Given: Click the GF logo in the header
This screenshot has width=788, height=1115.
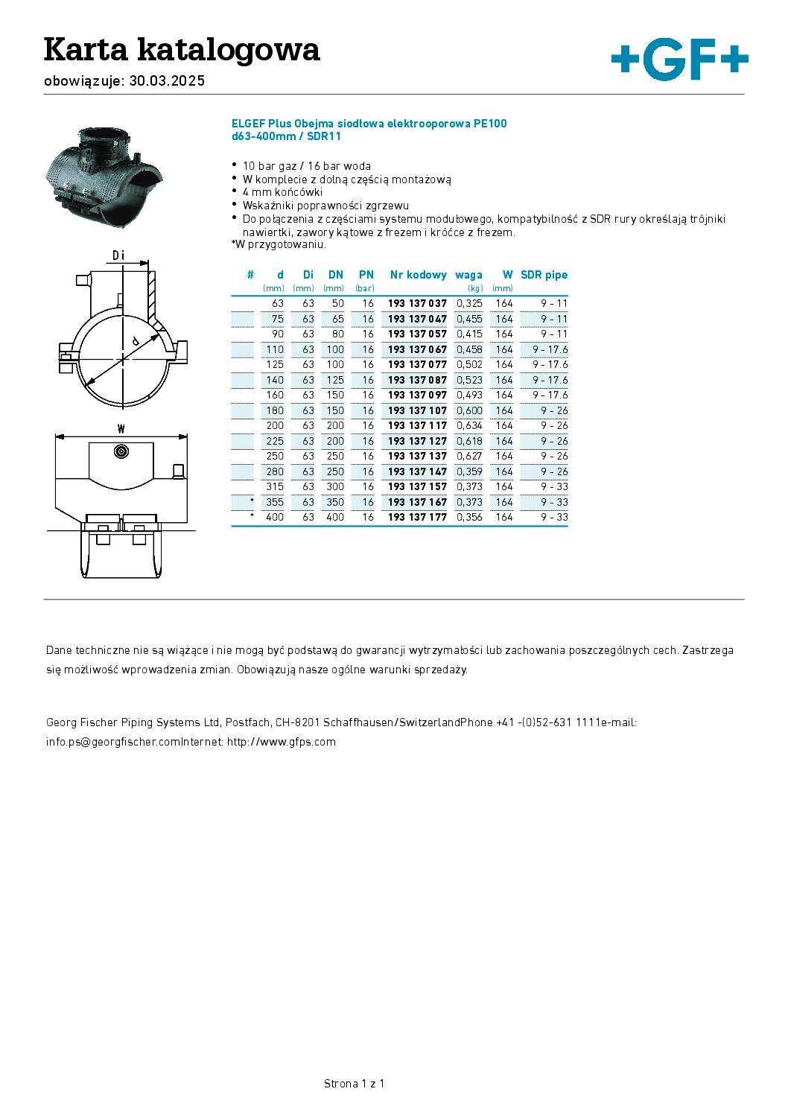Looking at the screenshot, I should (x=679, y=61).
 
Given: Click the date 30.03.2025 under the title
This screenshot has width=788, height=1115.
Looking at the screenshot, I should (x=167, y=81).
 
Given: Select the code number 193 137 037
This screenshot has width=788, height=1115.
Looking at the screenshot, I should (x=417, y=304).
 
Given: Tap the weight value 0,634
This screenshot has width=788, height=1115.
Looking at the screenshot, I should (x=469, y=426).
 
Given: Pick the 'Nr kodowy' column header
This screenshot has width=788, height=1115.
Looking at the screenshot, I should (x=418, y=275).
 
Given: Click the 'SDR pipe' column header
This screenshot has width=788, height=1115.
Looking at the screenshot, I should (x=544, y=275).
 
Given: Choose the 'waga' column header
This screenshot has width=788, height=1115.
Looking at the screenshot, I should (x=468, y=275).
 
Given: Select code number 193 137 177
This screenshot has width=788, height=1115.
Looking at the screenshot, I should (x=417, y=518).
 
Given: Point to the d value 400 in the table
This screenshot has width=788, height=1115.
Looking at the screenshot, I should (x=275, y=518).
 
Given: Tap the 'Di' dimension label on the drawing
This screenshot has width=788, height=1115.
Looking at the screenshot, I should (x=118, y=256).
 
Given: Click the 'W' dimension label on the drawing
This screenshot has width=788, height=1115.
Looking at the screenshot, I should (x=121, y=428).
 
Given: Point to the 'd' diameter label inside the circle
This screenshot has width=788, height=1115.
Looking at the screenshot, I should (x=135, y=340).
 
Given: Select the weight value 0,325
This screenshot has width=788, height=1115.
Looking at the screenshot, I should (x=469, y=304).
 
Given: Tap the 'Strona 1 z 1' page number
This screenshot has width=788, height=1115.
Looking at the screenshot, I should (x=354, y=1084).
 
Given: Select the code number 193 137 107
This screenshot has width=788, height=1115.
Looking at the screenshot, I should (x=417, y=410).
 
